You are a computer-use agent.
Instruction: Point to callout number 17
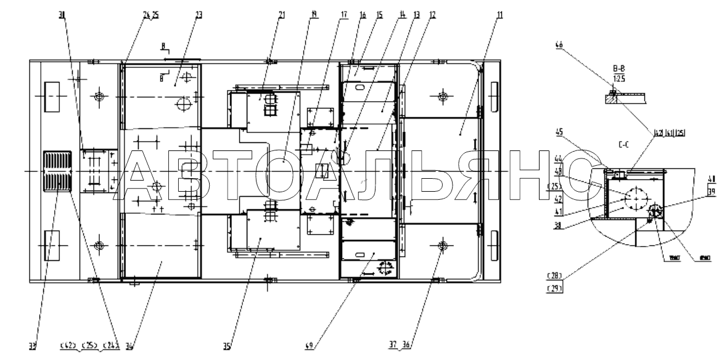[343, 15]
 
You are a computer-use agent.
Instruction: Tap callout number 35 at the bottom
[226, 346]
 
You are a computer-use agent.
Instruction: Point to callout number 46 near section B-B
[559, 46]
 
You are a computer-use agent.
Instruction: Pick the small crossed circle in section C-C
[655, 211]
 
